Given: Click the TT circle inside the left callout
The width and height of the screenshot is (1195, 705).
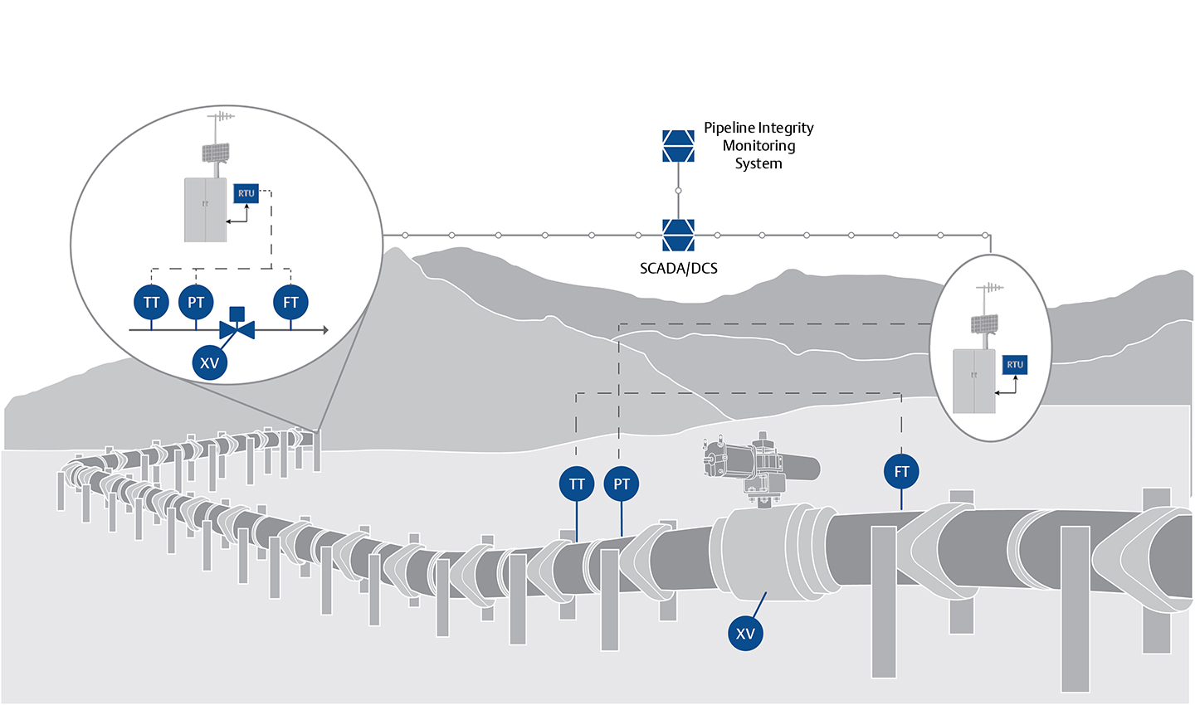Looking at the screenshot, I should coord(151,303).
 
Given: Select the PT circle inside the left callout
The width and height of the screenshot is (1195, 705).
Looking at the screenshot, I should coord(196,303).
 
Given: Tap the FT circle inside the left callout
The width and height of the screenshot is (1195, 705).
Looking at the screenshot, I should coord(290,303).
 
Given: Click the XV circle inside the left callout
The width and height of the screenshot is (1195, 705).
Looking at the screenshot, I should coord(209,362).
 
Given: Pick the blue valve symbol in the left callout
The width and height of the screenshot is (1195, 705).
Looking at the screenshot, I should coord(237,328).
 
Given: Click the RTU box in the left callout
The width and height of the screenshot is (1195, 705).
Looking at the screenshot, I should coord(246,193).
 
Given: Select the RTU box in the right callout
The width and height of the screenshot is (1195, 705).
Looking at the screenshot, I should coord(1015,365).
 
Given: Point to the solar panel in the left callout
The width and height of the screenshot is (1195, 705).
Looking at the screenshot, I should coord(216,153).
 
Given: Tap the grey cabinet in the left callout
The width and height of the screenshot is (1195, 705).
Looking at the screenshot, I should coord(205,210).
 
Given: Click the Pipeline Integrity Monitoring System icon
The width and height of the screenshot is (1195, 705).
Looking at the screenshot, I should coord(678,146).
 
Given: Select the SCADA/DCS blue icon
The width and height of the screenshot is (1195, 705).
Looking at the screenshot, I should coord(678,235).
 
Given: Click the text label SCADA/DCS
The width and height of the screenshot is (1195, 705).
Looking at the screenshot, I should coord(678,269).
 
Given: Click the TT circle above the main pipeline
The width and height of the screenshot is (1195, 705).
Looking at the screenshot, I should coord(577,484).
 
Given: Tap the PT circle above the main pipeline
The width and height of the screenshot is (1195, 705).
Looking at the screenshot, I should coord(622,484).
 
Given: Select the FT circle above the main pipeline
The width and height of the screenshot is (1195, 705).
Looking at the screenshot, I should coord(901,472).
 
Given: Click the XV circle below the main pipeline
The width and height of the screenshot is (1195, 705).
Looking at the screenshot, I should coord(745,634).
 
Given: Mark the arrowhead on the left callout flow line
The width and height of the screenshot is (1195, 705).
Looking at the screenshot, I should coord(324,330).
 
